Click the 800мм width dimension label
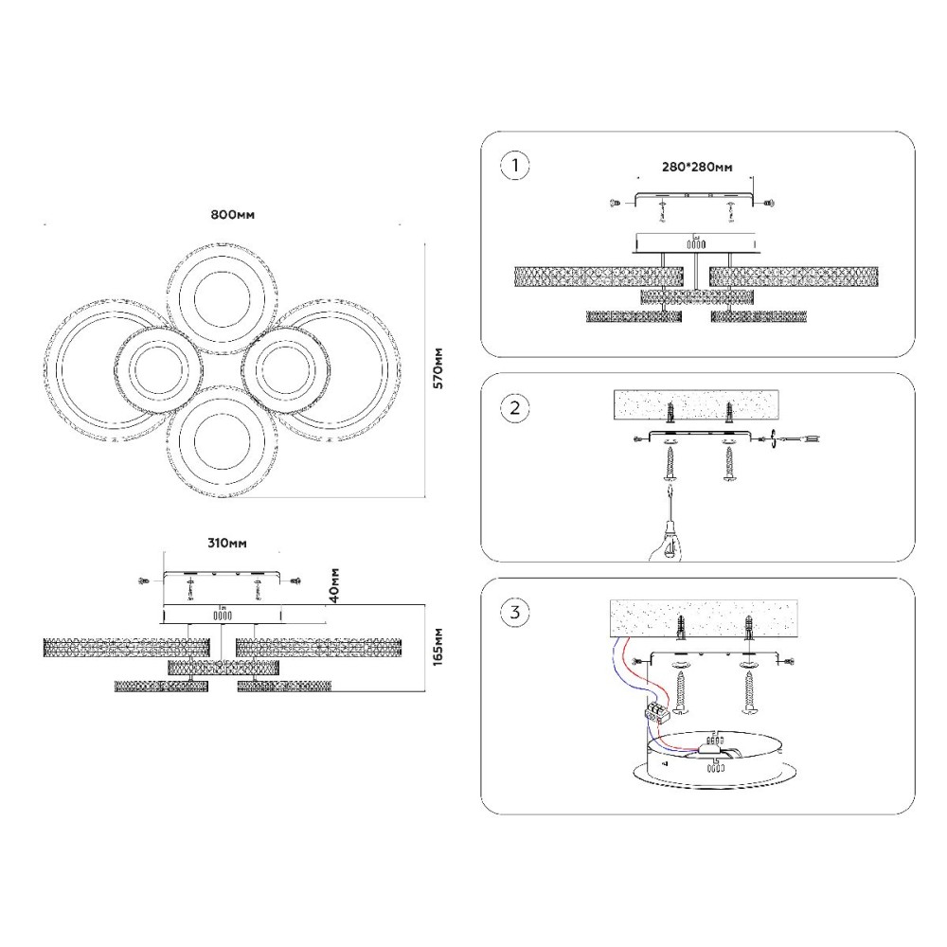[x=232, y=214]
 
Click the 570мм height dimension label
[x=437, y=368]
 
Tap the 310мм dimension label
[x=226, y=544]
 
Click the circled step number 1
[x=514, y=167]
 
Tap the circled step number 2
[x=514, y=408]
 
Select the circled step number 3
[x=514, y=612]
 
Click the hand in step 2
[x=663, y=540]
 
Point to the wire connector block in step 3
[x=659, y=713]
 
